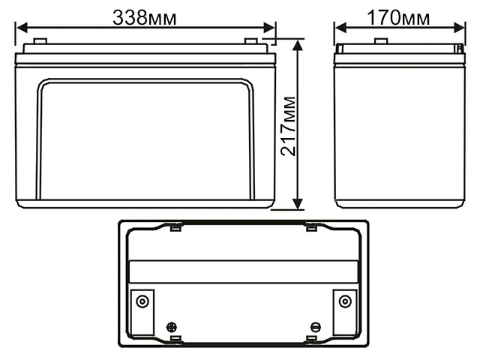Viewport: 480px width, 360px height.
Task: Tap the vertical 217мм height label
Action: point(287,125)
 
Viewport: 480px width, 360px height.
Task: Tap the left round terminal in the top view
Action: point(142,301)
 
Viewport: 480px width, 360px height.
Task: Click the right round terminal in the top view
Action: point(344,301)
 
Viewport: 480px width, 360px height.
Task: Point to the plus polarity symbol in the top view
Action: point(172,327)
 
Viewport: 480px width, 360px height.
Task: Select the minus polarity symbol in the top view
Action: point(315,327)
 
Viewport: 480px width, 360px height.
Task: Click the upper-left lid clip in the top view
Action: point(175,226)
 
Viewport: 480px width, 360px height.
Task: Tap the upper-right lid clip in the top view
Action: point(310,226)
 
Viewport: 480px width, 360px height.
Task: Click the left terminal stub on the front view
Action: point(40,41)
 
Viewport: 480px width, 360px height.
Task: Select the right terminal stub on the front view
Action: point(251,41)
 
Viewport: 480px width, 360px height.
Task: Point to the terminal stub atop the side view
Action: point(381,41)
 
